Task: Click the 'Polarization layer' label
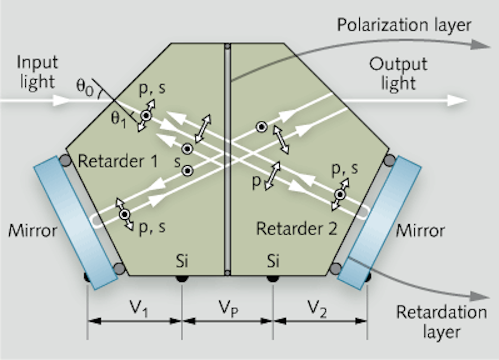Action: (404, 25)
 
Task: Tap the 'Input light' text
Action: (37, 72)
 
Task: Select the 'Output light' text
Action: (398, 73)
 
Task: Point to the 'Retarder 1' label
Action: (118, 161)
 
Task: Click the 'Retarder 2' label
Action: (297, 229)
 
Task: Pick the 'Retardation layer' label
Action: (441, 322)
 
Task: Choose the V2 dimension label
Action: (317, 308)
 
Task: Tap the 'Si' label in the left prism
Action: (182, 261)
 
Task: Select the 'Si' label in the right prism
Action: (273, 261)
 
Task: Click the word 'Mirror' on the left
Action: (33, 230)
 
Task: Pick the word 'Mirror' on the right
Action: (420, 230)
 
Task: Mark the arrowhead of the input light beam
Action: (62, 100)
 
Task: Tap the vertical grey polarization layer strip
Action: (227, 159)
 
